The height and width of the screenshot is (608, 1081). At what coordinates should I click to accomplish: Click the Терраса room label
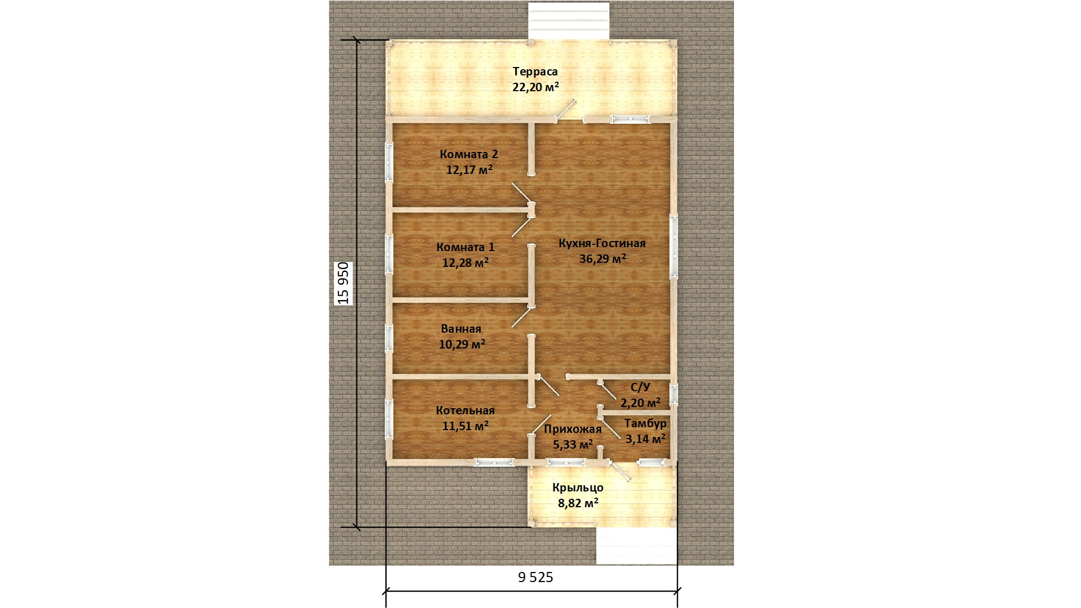coord(535,71)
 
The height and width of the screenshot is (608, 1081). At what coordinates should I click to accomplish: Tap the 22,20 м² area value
coord(535,87)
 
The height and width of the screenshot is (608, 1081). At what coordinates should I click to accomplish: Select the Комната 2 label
coord(469,154)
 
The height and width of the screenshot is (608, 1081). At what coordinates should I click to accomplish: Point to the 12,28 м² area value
coord(465,262)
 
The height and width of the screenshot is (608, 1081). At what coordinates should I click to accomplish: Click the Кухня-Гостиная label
coord(602,243)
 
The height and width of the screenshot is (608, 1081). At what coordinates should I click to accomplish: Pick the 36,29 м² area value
coord(602,259)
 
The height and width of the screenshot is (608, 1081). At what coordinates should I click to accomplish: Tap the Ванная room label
coord(461,329)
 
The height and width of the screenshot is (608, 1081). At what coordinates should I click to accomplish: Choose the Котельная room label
coord(465,410)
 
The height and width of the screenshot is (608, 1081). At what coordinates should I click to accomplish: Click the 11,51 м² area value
coord(465,426)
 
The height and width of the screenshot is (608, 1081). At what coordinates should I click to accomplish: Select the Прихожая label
coord(573,429)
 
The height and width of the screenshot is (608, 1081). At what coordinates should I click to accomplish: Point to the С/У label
coord(640,387)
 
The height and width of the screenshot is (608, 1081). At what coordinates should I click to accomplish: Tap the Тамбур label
coord(645,423)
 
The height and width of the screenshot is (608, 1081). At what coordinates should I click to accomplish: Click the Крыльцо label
coord(578,488)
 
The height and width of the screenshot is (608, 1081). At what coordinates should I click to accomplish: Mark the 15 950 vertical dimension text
coord(343,283)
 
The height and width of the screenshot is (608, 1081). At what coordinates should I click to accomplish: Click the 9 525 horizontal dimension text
coord(535,577)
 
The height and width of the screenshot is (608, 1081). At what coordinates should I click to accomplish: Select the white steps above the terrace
coord(569,21)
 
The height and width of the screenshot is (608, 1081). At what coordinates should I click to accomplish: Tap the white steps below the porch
coord(637,546)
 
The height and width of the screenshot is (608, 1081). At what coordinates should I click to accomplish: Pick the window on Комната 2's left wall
coord(388,162)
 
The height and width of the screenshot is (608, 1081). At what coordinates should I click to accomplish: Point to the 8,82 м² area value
coord(578,503)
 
